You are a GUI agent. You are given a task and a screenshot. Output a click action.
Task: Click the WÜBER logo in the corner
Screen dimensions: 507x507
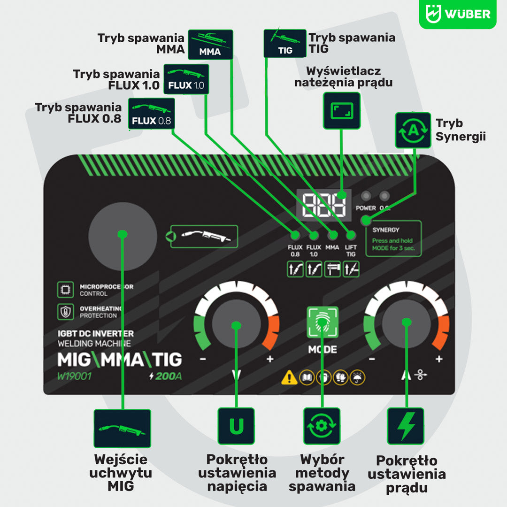click(x=457, y=14)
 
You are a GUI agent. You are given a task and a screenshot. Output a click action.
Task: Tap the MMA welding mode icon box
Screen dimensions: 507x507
click(x=210, y=44)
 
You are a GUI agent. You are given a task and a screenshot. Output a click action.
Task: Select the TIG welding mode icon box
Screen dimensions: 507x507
click(x=285, y=43)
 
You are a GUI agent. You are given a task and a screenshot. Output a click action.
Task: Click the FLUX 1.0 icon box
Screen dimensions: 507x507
click(x=186, y=79)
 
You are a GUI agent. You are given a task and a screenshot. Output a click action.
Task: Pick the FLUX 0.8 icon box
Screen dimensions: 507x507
click(x=151, y=114)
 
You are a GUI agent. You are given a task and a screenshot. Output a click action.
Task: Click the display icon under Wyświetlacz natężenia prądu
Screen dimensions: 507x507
click(x=342, y=111)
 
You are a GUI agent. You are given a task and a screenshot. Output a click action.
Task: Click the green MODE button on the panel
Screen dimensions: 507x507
click(x=322, y=322)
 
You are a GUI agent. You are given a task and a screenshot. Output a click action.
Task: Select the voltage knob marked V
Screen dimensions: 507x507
click(x=236, y=324)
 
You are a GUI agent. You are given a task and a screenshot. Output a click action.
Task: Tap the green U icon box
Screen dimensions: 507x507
click(x=236, y=426)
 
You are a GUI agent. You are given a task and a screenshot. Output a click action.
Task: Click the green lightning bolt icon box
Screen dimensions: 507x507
click(x=406, y=426)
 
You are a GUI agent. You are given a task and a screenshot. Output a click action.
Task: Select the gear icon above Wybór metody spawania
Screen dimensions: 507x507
click(x=322, y=426)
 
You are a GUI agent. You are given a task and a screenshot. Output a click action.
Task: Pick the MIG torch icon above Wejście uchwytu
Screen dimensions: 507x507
click(x=122, y=428)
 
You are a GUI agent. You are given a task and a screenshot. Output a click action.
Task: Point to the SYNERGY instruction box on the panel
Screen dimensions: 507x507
click(x=393, y=238)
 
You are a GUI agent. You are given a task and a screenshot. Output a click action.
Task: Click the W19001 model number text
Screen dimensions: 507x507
click(x=74, y=376)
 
